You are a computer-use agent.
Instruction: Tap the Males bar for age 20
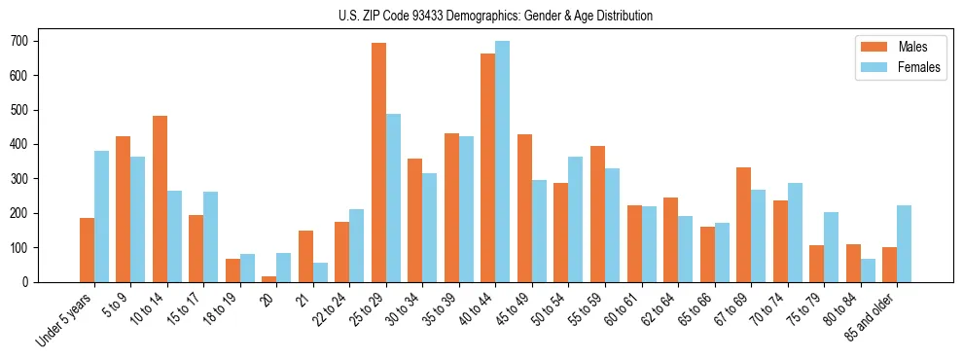269,278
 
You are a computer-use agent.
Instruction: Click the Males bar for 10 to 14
160,198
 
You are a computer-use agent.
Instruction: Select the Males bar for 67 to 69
743,225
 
